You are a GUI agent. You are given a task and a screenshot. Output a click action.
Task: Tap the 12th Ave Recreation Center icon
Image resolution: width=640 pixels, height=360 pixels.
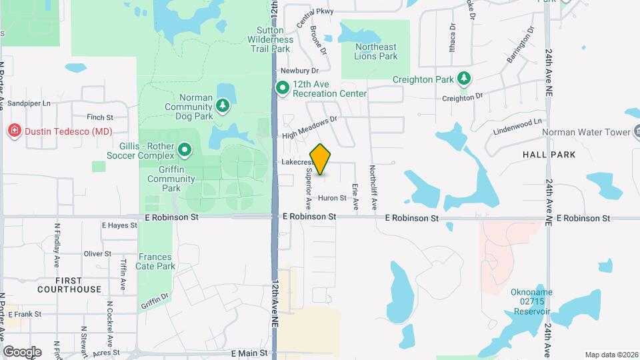click(x=283, y=87)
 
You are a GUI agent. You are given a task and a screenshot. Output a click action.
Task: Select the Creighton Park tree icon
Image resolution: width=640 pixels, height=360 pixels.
click(x=463, y=79)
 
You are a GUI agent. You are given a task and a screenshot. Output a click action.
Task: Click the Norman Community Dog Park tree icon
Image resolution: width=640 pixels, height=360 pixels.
click(x=223, y=105)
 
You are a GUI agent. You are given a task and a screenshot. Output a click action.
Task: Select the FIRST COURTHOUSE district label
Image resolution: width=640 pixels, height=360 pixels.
click(x=69, y=285)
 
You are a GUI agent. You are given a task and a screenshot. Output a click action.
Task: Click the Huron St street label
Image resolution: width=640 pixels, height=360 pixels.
click(x=332, y=198)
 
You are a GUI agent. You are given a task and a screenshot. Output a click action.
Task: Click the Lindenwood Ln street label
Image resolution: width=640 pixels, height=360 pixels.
click(x=518, y=124)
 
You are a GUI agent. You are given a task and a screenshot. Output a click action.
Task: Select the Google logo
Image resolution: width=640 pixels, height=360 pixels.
click(x=22, y=351)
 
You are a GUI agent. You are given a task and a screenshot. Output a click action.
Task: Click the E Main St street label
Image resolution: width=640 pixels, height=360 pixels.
click(x=249, y=353)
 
